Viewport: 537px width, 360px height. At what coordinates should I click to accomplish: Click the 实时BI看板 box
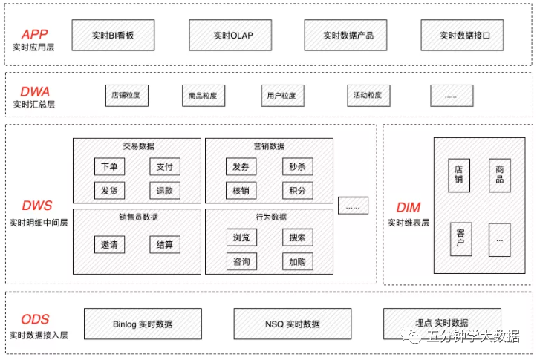(x=113, y=35)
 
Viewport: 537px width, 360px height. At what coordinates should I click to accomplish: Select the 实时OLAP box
(x=231, y=35)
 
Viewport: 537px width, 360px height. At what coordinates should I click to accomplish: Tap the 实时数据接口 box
(x=465, y=35)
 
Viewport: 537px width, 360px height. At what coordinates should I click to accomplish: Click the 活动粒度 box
(x=368, y=96)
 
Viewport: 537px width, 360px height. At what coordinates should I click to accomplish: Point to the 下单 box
(x=109, y=167)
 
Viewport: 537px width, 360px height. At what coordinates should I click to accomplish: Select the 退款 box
(x=164, y=190)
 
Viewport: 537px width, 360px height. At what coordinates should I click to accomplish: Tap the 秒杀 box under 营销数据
(x=297, y=167)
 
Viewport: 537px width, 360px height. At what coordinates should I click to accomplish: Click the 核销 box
(x=241, y=190)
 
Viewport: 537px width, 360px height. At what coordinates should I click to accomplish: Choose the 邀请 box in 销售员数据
(x=109, y=244)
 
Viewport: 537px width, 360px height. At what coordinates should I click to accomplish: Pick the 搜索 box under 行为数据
(x=297, y=238)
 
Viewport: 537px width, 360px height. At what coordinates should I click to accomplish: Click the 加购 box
(x=297, y=261)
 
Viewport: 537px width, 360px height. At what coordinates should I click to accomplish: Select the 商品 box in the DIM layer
(x=499, y=175)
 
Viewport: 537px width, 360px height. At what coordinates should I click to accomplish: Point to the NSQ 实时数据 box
(x=293, y=324)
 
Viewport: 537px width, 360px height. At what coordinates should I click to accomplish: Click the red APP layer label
(x=34, y=34)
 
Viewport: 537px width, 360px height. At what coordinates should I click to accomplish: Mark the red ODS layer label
(x=35, y=320)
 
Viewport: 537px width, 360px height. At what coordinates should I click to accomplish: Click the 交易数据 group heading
(x=138, y=145)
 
